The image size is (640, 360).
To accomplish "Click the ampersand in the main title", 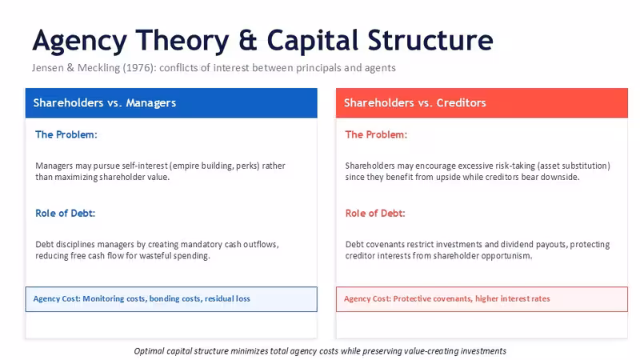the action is (248, 41).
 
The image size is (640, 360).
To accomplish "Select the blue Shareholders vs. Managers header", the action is (171, 103).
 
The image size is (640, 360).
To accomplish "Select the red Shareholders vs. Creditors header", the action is (482, 103).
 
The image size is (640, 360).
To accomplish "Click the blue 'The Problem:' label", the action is (66, 134).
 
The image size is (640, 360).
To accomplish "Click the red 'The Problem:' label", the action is (376, 134).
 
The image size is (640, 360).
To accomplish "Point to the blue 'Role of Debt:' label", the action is (66, 213).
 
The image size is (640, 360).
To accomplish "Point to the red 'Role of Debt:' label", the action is (375, 213).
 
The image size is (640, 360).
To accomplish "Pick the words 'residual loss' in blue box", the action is (227, 298).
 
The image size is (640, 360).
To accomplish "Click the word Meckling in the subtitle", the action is (98, 68).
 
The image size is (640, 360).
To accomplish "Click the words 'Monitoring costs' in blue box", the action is (113, 298).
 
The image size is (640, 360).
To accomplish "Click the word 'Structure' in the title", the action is (430, 41).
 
